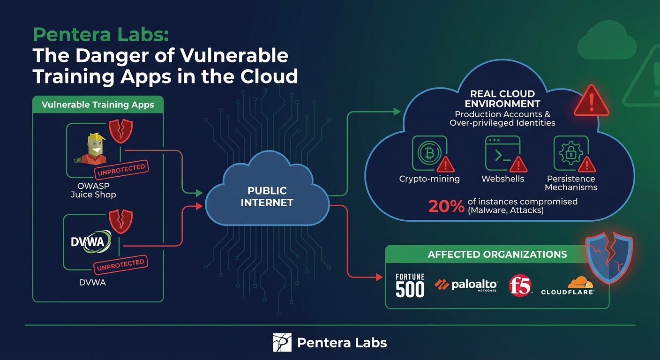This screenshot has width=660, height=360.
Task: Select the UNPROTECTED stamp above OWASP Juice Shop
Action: pos(121,171)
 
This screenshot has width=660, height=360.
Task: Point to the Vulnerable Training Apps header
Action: pos(97,105)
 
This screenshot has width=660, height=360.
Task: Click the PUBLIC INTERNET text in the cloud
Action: pos(267,197)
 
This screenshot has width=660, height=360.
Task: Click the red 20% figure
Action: pos(446,207)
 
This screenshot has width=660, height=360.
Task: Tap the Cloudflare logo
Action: pos(568,285)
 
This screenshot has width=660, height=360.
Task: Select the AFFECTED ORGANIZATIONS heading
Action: pos(497,255)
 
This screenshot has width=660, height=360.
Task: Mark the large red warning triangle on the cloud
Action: pos(591,101)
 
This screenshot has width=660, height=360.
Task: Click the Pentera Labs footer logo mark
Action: pos(282,343)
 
